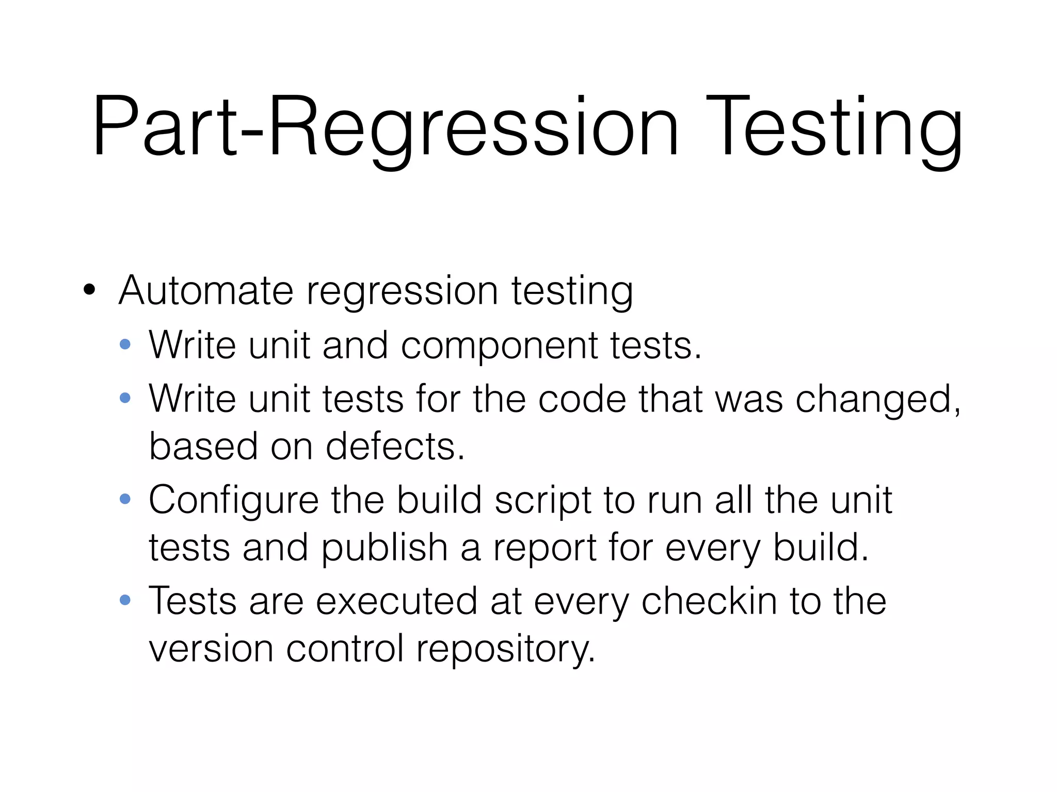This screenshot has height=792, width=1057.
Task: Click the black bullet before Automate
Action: pyautogui.click(x=89, y=290)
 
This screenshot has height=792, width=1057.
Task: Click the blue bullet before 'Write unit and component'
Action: pyautogui.click(x=125, y=344)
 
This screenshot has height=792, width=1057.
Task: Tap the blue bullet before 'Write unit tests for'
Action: pyautogui.click(x=125, y=398)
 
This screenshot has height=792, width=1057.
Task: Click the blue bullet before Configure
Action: pyautogui.click(x=125, y=499)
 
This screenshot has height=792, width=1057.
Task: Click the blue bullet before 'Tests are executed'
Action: pyautogui.click(x=125, y=600)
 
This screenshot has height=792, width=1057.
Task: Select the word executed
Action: pyautogui.click(x=396, y=601)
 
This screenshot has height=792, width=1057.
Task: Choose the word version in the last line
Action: pyautogui.click(x=211, y=649)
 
